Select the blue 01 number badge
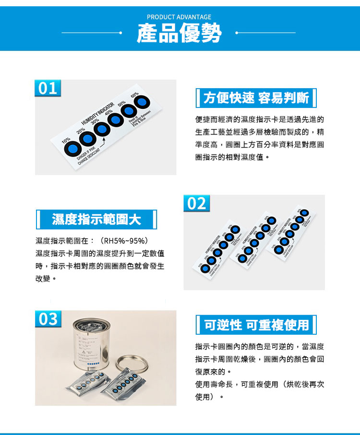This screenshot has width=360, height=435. [48, 88]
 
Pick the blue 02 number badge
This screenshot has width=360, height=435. [196, 203]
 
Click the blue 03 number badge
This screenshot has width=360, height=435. [48, 319]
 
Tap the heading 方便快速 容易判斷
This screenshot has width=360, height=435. [256, 98]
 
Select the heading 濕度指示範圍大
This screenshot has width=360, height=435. [96, 220]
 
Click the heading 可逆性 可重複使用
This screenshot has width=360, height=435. [256, 325]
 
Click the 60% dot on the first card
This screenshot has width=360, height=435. [142, 102]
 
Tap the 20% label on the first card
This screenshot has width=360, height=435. [80, 130]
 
